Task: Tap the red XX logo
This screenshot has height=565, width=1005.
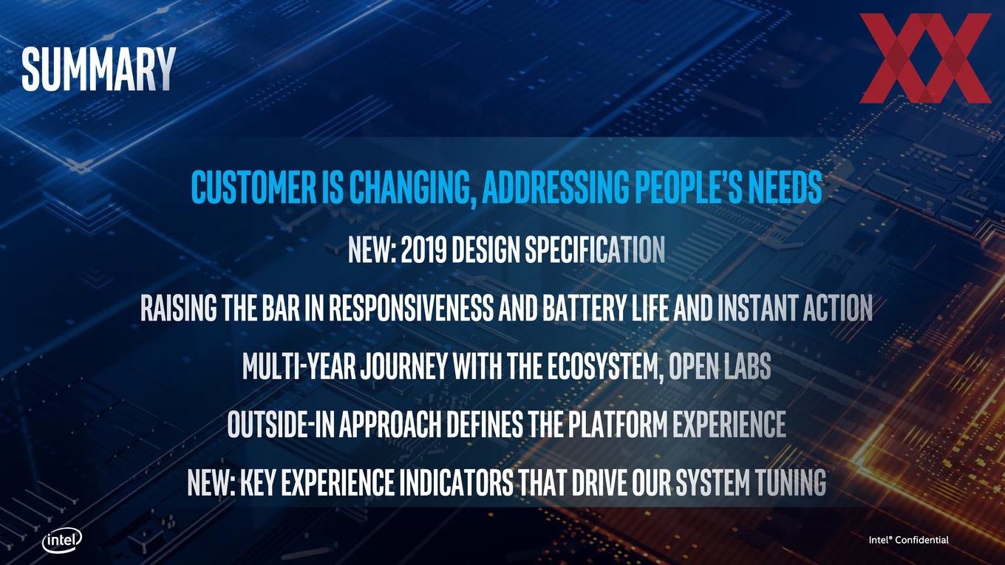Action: click(925, 58)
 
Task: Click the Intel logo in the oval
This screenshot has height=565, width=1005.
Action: click(62, 541)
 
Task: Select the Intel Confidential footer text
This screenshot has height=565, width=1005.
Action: click(909, 540)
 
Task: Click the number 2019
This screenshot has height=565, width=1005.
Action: click(423, 250)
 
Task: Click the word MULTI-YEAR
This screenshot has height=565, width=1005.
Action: click(299, 366)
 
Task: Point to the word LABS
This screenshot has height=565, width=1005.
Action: click(748, 366)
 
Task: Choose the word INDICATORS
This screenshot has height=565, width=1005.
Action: click(457, 482)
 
